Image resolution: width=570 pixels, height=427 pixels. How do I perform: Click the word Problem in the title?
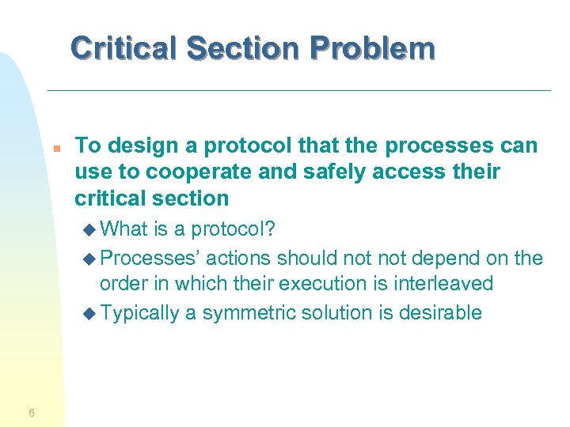[372, 48]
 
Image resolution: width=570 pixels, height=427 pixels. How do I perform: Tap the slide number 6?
[31, 412]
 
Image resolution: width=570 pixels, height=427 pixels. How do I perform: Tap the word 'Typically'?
[140, 312]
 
